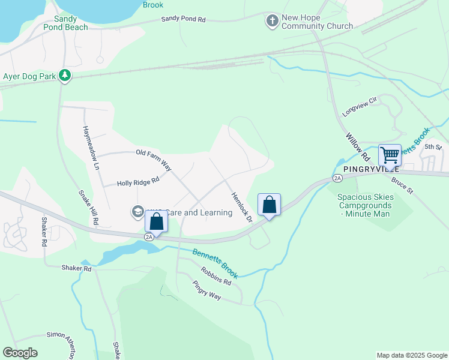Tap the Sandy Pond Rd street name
(183, 20)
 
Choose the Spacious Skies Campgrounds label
(365, 205)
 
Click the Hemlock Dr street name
(241, 206)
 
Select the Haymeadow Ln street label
(90, 148)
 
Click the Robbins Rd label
(216, 276)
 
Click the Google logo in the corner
(20, 353)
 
